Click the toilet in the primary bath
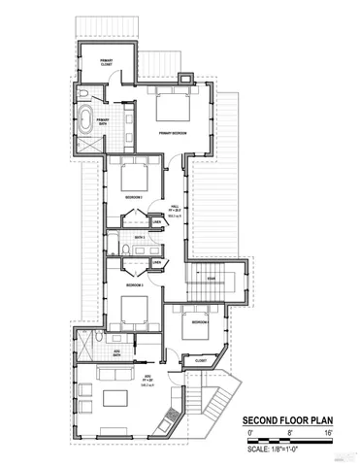click(x=86, y=93)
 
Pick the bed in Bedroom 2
click(x=133, y=177)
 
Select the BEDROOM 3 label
click(x=134, y=285)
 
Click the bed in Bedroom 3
click(x=133, y=308)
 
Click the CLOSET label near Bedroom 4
click(x=201, y=360)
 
